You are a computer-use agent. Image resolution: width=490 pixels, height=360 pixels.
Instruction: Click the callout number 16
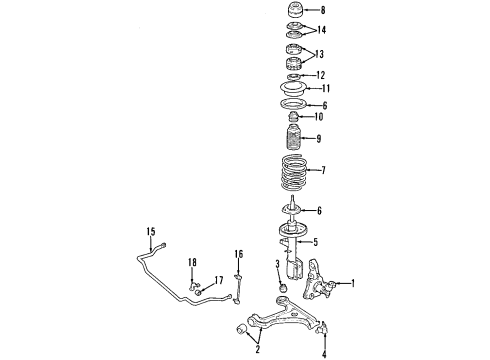coord(239,254)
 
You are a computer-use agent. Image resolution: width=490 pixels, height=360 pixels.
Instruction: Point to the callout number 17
coord(219,280)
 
